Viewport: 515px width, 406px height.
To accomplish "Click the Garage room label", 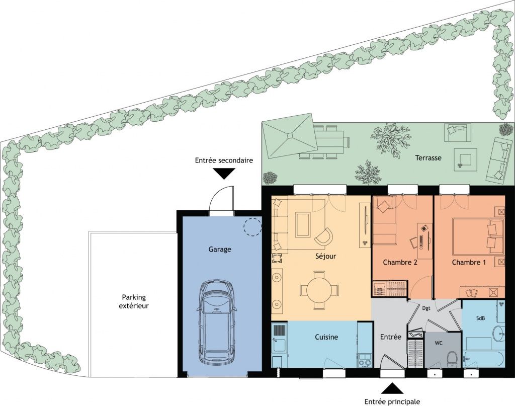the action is (x=220, y=250).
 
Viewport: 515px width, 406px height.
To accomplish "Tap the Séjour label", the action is (x=325, y=256).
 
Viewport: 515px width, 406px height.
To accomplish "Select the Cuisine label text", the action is (x=326, y=337).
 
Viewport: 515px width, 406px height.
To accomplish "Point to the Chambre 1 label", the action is (x=469, y=262).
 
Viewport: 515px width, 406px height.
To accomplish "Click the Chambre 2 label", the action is (x=400, y=262).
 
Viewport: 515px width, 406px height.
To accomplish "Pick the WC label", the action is (x=439, y=343).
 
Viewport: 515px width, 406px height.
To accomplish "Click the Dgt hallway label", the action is (x=426, y=308).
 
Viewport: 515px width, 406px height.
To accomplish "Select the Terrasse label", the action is (x=428, y=157).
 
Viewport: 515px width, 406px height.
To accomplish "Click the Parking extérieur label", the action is (x=134, y=301).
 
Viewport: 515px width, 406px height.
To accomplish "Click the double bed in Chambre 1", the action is (x=478, y=236).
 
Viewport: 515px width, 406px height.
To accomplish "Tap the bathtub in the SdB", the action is (x=483, y=360).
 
